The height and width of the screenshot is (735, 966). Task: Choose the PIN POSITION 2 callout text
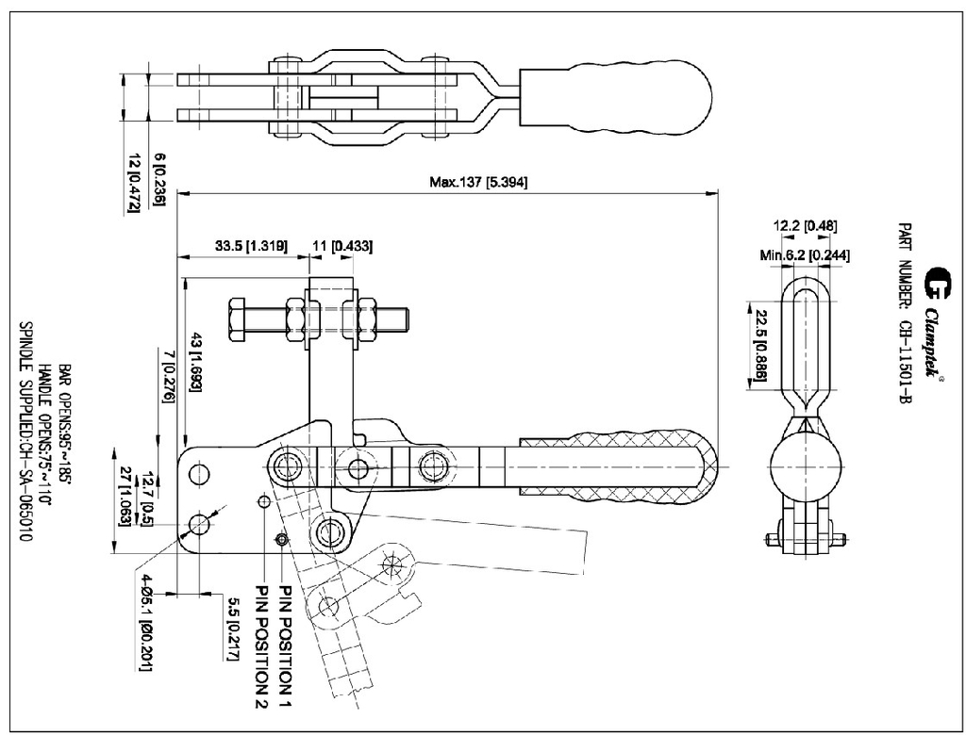(x=261, y=645)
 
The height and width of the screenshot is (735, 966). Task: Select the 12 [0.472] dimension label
(x=134, y=183)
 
